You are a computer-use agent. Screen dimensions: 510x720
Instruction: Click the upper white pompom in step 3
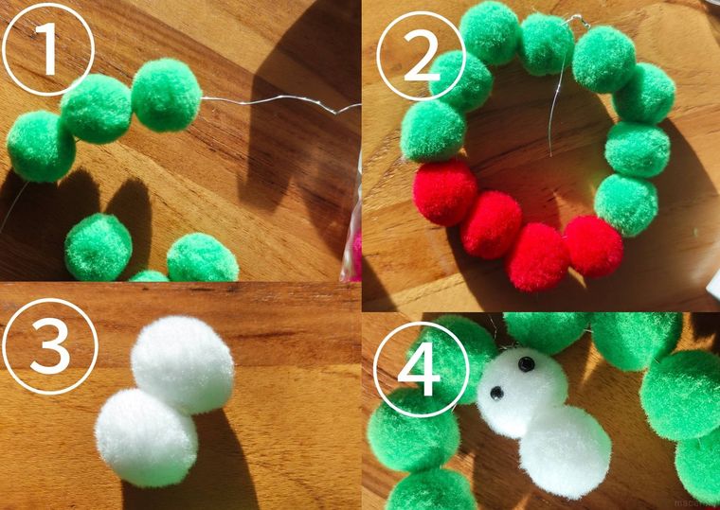tap(182, 363)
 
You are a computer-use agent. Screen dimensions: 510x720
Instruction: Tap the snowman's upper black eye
tap(525, 363)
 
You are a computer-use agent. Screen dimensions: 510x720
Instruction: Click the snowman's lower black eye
tap(495, 391)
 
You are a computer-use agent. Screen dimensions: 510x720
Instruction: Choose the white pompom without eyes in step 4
tap(565, 450)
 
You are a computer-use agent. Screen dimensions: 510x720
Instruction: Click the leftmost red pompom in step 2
tap(444, 192)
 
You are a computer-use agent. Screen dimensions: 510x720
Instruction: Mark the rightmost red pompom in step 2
tap(593, 246)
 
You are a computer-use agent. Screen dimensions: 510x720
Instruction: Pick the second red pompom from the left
tap(491, 224)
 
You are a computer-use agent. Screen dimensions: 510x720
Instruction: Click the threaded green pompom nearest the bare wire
tap(166, 95)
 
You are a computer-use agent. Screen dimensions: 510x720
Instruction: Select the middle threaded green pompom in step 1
tap(96, 109)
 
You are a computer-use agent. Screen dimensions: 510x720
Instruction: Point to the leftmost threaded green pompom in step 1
tap(41, 146)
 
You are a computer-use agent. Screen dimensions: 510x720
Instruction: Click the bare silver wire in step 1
tap(275, 102)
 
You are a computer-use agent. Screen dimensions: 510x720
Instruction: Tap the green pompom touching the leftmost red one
tap(432, 131)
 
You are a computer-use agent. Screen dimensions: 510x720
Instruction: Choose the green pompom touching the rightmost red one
tap(626, 203)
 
